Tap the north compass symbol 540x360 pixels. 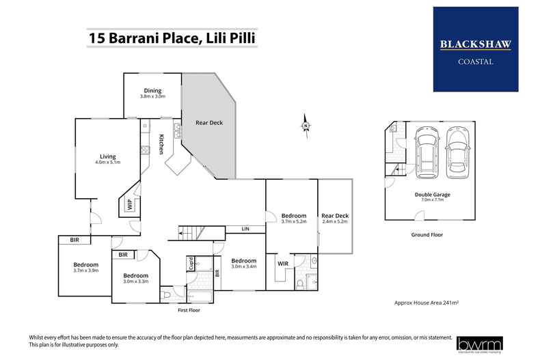(306, 126)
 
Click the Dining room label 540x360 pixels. (152, 94)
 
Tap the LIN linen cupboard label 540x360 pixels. (244, 229)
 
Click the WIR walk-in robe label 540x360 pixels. (282, 264)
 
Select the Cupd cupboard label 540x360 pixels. (191, 263)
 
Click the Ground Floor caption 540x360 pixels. (427, 234)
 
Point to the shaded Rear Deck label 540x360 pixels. (209, 123)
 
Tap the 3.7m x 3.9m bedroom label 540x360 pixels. (86, 268)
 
